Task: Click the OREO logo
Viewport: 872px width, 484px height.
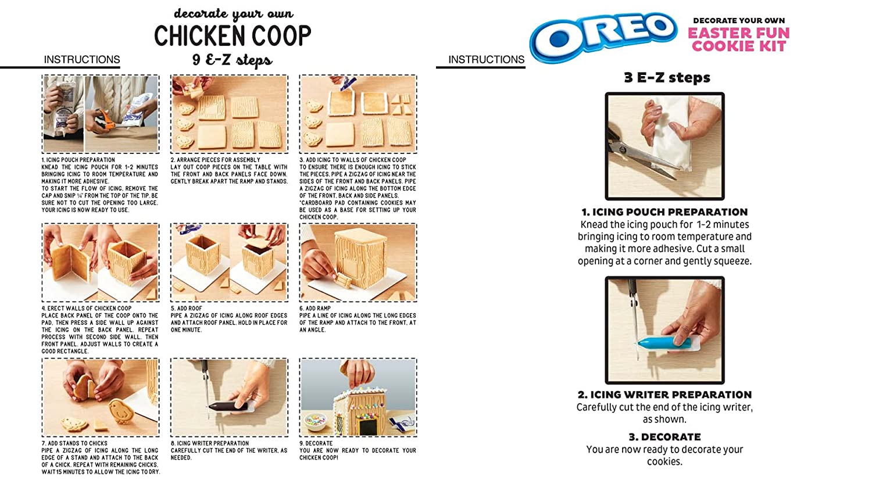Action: (x=603, y=37)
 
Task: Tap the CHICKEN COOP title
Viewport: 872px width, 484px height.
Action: (x=233, y=35)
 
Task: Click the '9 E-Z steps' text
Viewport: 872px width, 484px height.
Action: (x=233, y=60)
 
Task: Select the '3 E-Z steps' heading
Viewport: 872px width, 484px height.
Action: (x=667, y=77)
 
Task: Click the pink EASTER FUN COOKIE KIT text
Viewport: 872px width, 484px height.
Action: (x=738, y=40)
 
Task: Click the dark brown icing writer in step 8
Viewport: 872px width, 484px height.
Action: (x=228, y=407)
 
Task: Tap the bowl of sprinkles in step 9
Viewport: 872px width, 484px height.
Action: (x=316, y=422)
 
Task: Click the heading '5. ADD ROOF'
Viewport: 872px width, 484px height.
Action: (x=187, y=309)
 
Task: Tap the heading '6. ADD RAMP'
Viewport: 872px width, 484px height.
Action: (x=315, y=309)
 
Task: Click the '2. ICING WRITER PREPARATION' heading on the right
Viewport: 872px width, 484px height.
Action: (x=664, y=395)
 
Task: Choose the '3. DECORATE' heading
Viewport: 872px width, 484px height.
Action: (x=664, y=437)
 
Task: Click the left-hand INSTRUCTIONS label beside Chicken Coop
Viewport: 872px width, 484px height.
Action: (x=82, y=59)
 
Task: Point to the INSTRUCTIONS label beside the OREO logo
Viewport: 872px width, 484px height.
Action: (x=486, y=59)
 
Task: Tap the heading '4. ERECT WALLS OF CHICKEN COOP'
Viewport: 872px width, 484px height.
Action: (x=87, y=309)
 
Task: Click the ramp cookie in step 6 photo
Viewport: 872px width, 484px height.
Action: (x=342, y=280)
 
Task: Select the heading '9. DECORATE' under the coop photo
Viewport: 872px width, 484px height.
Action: (x=316, y=443)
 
